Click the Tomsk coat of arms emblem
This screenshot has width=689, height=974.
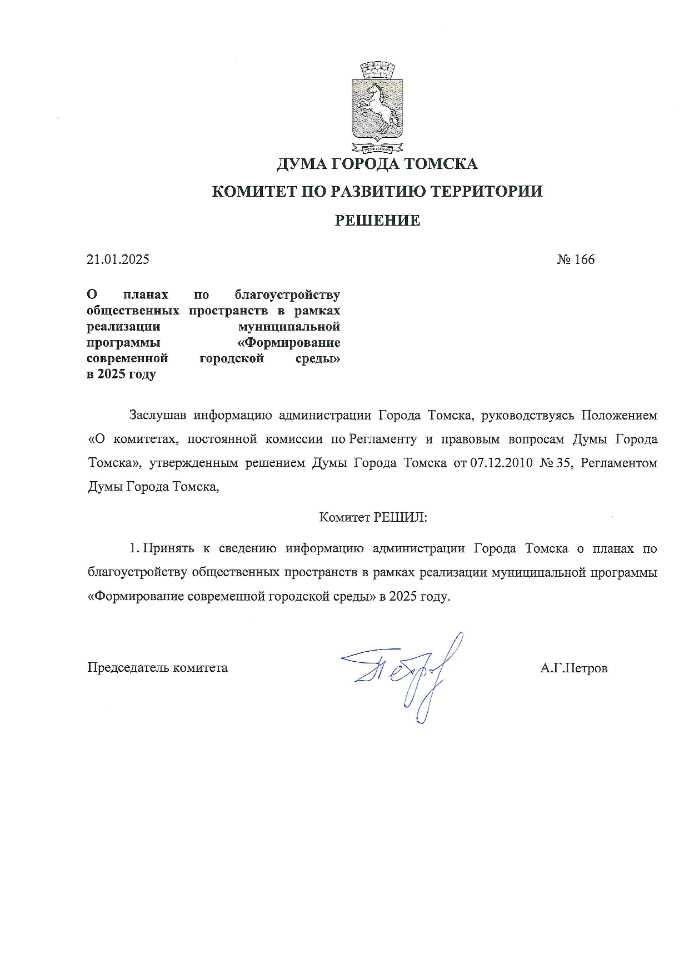(x=377, y=109)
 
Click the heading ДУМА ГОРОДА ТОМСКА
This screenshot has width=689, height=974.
(x=377, y=164)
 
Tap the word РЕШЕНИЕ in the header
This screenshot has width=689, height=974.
(x=377, y=221)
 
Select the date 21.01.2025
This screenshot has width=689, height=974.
(x=118, y=259)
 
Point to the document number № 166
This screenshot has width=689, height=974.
(x=576, y=259)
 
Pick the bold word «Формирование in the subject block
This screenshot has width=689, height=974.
(x=293, y=342)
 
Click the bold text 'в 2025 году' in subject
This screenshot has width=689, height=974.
(x=121, y=374)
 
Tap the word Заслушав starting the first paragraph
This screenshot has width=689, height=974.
(x=157, y=415)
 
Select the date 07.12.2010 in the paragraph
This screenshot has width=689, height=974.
(x=501, y=463)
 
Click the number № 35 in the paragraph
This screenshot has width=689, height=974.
(x=556, y=463)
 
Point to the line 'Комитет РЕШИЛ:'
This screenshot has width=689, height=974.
(x=373, y=517)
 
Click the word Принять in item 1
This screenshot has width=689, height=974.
(x=168, y=548)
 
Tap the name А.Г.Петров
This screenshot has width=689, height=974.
(x=573, y=668)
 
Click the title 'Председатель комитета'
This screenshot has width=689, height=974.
(x=157, y=667)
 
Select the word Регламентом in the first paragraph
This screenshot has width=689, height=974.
(x=618, y=463)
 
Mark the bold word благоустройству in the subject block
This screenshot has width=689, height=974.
(x=287, y=294)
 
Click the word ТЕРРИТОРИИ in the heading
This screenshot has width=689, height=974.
(x=487, y=192)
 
